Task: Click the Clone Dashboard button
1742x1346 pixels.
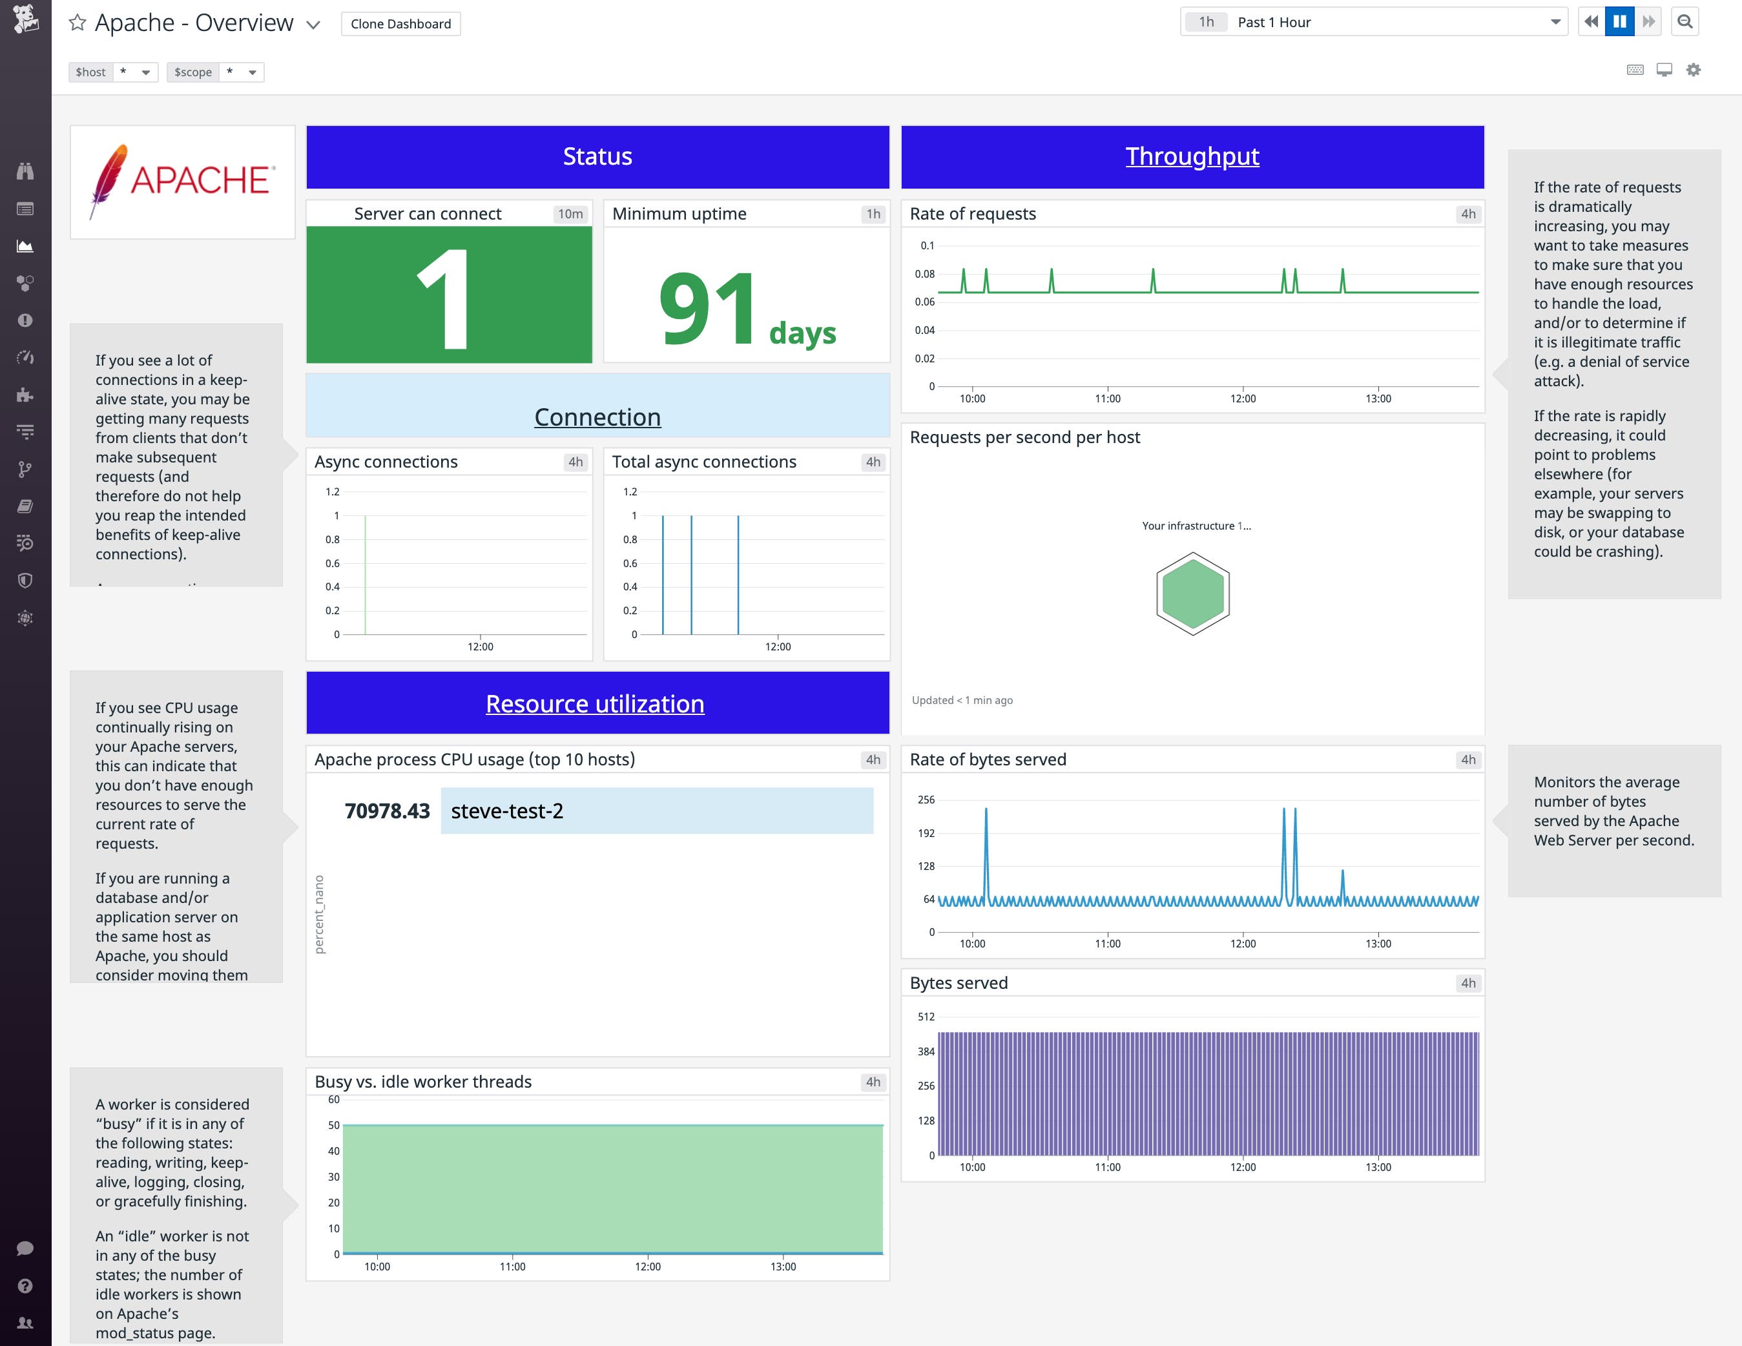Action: click(400, 24)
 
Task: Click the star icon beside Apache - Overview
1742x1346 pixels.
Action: click(78, 23)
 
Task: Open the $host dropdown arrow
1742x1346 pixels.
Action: click(145, 72)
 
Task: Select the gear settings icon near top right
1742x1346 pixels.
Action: click(1694, 70)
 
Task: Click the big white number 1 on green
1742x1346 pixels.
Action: click(445, 298)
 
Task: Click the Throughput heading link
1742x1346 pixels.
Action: click(1192, 156)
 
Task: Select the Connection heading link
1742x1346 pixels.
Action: click(597, 417)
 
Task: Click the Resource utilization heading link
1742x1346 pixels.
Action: click(595, 704)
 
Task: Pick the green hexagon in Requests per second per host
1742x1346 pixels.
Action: click(1192, 594)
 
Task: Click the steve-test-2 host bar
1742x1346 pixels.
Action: click(656, 811)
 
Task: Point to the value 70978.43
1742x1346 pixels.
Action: click(387, 811)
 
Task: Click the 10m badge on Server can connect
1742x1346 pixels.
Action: click(570, 214)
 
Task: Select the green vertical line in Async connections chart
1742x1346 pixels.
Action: click(366, 574)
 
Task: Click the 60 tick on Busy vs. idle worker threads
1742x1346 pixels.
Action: click(333, 1100)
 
